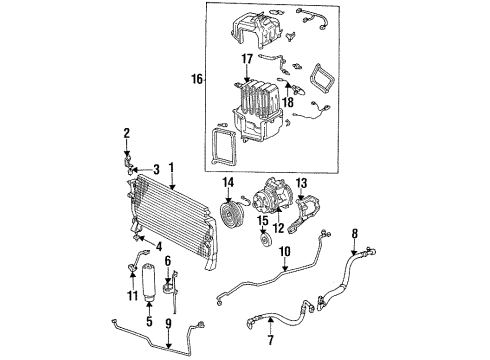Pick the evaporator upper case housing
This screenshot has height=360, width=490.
tap(256, 31)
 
